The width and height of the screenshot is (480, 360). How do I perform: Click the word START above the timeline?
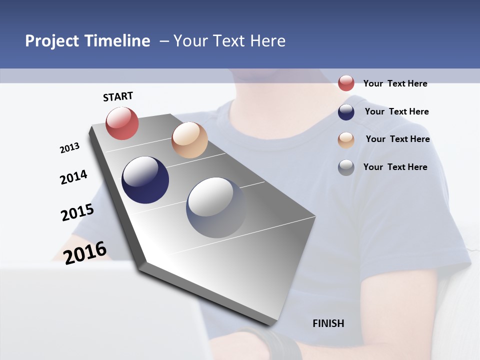[118, 96]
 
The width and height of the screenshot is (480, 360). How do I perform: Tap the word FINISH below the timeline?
[328, 323]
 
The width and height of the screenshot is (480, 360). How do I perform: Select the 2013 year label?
[69, 148]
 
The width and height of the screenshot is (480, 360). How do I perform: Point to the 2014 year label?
[73, 177]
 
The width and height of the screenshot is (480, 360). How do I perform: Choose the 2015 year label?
[77, 212]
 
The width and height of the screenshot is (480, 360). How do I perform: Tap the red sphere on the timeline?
[122, 123]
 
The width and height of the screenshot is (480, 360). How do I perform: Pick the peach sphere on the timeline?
[189, 140]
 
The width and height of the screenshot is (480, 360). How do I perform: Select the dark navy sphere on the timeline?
[145, 180]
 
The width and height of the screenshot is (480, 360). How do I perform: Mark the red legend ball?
[346, 83]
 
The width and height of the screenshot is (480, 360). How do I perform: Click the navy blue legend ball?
[346, 112]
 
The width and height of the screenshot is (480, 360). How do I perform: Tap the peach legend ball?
[346, 140]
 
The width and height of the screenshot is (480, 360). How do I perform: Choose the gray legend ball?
[346, 167]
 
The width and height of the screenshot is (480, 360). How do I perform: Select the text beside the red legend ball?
[395, 83]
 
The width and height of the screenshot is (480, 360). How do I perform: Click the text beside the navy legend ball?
[396, 111]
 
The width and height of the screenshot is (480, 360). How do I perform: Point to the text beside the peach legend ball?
[397, 139]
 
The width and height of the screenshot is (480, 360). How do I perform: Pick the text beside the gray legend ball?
[395, 167]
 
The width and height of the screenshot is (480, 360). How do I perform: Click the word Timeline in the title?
[118, 41]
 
